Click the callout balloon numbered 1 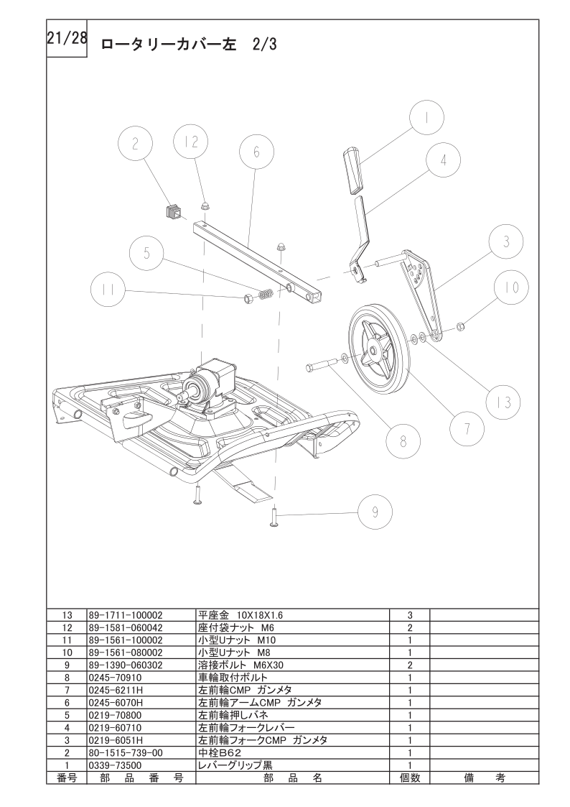click(x=426, y=118)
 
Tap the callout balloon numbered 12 click(x=191, y=142)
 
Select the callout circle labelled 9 click(x=375, y=512)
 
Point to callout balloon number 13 click(x=505, y=402)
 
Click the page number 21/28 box click(x=67, y=39)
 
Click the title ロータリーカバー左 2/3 click(x=189, y=45)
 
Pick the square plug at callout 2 click(x=172, y=211)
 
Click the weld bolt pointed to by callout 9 click(x=274, y=516)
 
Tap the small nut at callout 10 click(x=461, y=326)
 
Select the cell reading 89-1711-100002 click(x=126, y=615)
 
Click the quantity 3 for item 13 click(x=410, y=615)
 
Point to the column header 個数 click(x=410, y=778)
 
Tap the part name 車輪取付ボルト click(x=233, y=678)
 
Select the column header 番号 click(x=67, y=778)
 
